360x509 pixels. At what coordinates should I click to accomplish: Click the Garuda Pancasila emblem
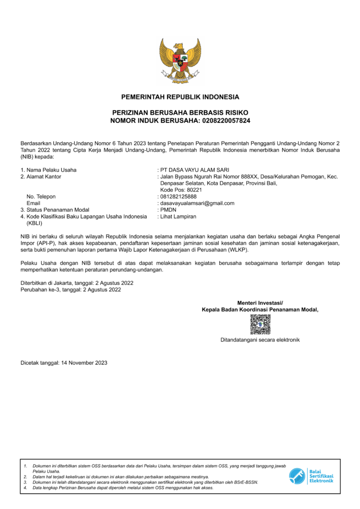click(x=180, y=60)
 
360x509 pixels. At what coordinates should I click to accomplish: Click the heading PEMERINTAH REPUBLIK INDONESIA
click(x=180, y=97)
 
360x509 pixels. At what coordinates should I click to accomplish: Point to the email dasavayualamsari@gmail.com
click(x=197, y=203)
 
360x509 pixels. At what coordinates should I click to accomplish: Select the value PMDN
click(x=169, y=210)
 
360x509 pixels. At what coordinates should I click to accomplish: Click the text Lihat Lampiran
click(x=178, y=216)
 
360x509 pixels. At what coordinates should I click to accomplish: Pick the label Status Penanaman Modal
click(x=58, y=210)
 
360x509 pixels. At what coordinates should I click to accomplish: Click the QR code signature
click(x=260, y=325)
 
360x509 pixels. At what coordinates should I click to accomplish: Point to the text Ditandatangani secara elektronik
click(x=260, y=340)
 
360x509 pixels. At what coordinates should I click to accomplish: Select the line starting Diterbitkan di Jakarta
click(x=77, y=283)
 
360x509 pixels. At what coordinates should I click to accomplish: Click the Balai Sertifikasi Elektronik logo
click(x=311, y=476)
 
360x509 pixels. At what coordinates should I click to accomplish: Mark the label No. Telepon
click(x=41, y=196)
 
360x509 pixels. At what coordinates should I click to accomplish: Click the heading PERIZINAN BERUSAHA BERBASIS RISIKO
click(x=180, y=113)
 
